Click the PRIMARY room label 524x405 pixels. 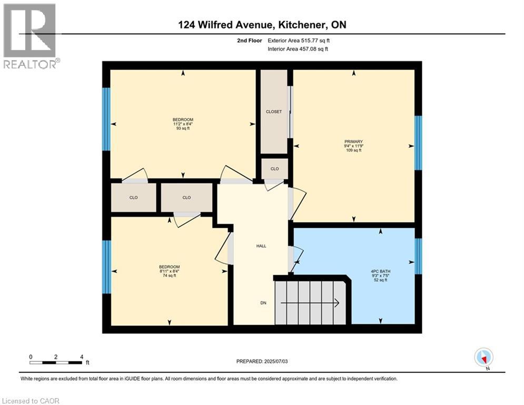point(353,141)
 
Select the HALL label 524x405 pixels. point(261,246)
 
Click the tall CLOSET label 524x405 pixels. point(274,112)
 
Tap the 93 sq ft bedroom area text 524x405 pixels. point(183,128)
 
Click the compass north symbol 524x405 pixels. point(483,357)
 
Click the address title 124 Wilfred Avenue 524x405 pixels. point(262,25)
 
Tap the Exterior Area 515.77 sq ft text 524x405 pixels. point(299,40)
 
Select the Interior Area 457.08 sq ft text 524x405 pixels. point(298,49)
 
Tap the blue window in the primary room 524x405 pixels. point(418,142)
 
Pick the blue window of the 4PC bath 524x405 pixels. point(418,256)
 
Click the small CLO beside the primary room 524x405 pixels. point(274,169)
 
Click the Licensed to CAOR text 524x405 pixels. point(31,401)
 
